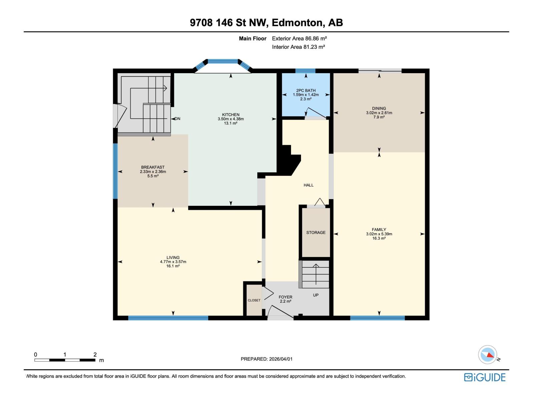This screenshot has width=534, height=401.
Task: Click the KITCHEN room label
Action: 231,115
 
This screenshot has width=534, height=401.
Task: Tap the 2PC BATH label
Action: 306,91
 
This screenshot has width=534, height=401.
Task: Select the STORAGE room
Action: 316,233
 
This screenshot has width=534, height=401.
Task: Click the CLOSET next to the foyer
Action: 254,300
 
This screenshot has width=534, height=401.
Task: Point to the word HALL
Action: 308,185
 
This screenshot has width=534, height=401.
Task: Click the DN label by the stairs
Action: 178,119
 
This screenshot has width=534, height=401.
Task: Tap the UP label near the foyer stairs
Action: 316,295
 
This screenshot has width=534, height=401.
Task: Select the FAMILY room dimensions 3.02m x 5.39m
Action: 379,234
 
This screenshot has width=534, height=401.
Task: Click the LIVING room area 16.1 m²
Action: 173,266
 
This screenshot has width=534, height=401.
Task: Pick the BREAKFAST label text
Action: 153,167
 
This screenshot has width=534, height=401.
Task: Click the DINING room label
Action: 379,108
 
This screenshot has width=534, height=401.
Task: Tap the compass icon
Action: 488,355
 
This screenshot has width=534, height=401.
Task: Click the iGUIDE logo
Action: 485,377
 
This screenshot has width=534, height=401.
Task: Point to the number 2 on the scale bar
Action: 95,355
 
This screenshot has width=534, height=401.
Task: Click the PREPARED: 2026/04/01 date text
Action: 266,359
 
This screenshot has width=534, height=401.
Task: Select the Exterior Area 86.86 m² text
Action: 299,38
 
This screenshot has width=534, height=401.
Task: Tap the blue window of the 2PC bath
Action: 305,71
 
